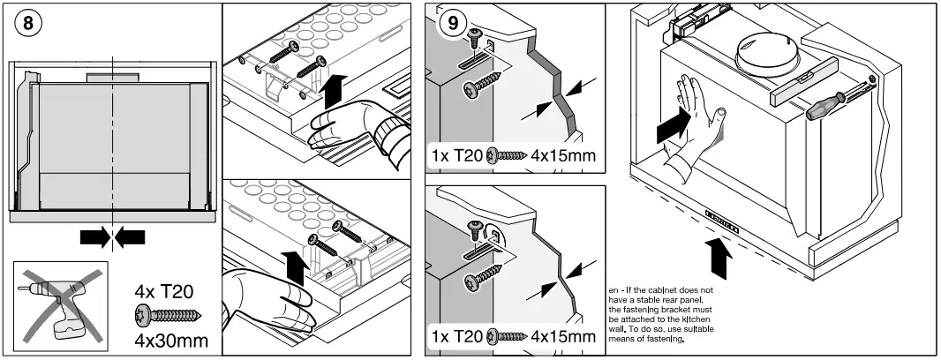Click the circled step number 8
pyautogui.click(x=27, y=25)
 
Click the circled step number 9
pyautogui.click(x=453, y=24)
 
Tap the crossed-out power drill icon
pyautogui.click(x=60, y=305)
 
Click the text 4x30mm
pyautogui.click(x=171, y=341)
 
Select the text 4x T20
pyautogui.click(x=164, y=292)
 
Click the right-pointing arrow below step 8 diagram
pyautogui.click(x=95, y=237)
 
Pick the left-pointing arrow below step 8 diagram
pyautogui.click(x=130, y=237)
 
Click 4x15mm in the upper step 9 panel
pyautogui.click(x=563, y=155)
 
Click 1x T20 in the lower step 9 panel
pyautogui.click(x=456, y=336)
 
